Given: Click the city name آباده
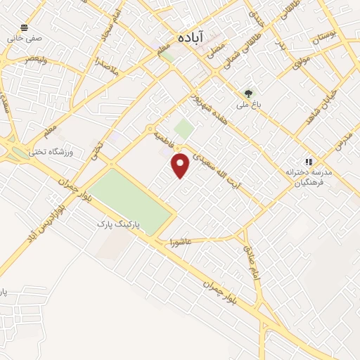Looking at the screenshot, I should coord(191,37).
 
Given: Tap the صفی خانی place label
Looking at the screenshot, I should coord(22,39).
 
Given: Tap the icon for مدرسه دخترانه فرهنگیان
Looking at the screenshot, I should coord(307,161).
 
